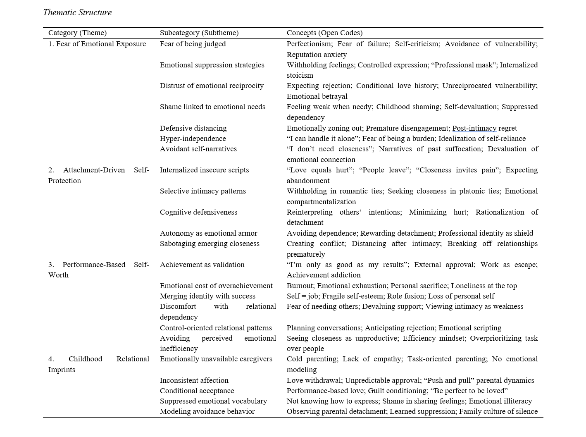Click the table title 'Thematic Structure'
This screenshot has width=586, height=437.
[77, 12]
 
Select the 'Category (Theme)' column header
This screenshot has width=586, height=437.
[77, 33]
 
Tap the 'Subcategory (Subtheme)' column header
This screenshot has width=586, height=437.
[199, 33]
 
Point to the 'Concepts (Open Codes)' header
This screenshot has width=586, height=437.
[324, 33]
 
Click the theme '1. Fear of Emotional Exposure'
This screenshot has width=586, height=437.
[97, 44]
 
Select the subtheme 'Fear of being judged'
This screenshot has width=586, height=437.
[193, 44]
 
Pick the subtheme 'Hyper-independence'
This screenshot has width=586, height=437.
[193, 139]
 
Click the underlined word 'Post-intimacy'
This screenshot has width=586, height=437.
[474, 128]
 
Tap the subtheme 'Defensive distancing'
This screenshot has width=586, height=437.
[193, 128]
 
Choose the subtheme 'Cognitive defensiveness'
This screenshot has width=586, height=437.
[198, 212]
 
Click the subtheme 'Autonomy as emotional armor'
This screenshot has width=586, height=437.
[208, 233]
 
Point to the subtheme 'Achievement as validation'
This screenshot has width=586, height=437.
[202, 265]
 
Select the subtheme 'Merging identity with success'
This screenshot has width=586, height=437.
[207, 296]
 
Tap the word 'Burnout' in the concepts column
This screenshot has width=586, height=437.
[300, 286]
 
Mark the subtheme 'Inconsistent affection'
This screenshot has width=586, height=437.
[194, 380]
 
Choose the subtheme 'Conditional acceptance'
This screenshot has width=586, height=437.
[197, 391]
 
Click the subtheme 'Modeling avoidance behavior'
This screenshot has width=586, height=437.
[207, 411]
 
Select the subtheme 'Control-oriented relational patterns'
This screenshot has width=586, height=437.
[216, 328]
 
